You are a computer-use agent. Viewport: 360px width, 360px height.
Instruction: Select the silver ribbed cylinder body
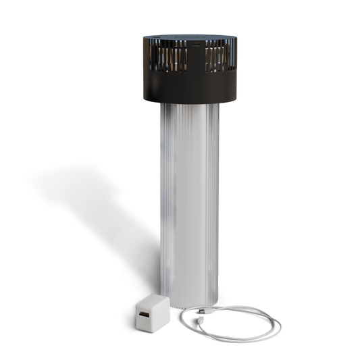(189, 203)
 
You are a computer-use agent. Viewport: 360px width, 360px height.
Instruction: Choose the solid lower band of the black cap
(189, 88)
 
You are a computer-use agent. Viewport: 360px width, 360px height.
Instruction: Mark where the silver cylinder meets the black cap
(189, 104)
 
